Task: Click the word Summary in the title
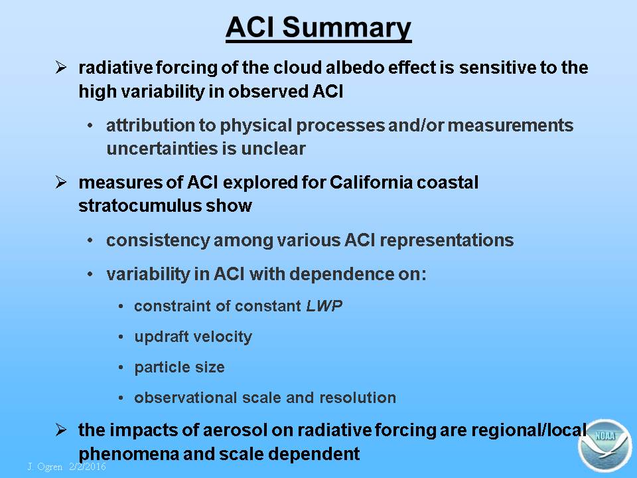pyautogui.click(x=346, y=28)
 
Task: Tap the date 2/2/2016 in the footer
pyautogui.click(x=88, y=466)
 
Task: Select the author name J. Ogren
pyautogui.click(x=45, y=467)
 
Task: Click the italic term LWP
pyautogui.click(x=324, y=305)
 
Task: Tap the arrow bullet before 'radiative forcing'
pyautogui.click(x=61, y=67)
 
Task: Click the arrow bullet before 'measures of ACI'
pyautogui.click(x=61, y=182)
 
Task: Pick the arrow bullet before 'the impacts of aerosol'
pyautogui.click(x=61, y=430)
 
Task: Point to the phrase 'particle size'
pyautogui.click(x=179, y=367)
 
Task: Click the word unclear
pyautogui.click(x=273, y=149)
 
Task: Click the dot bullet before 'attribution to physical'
pyautogui.click(x=90, y=125)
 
